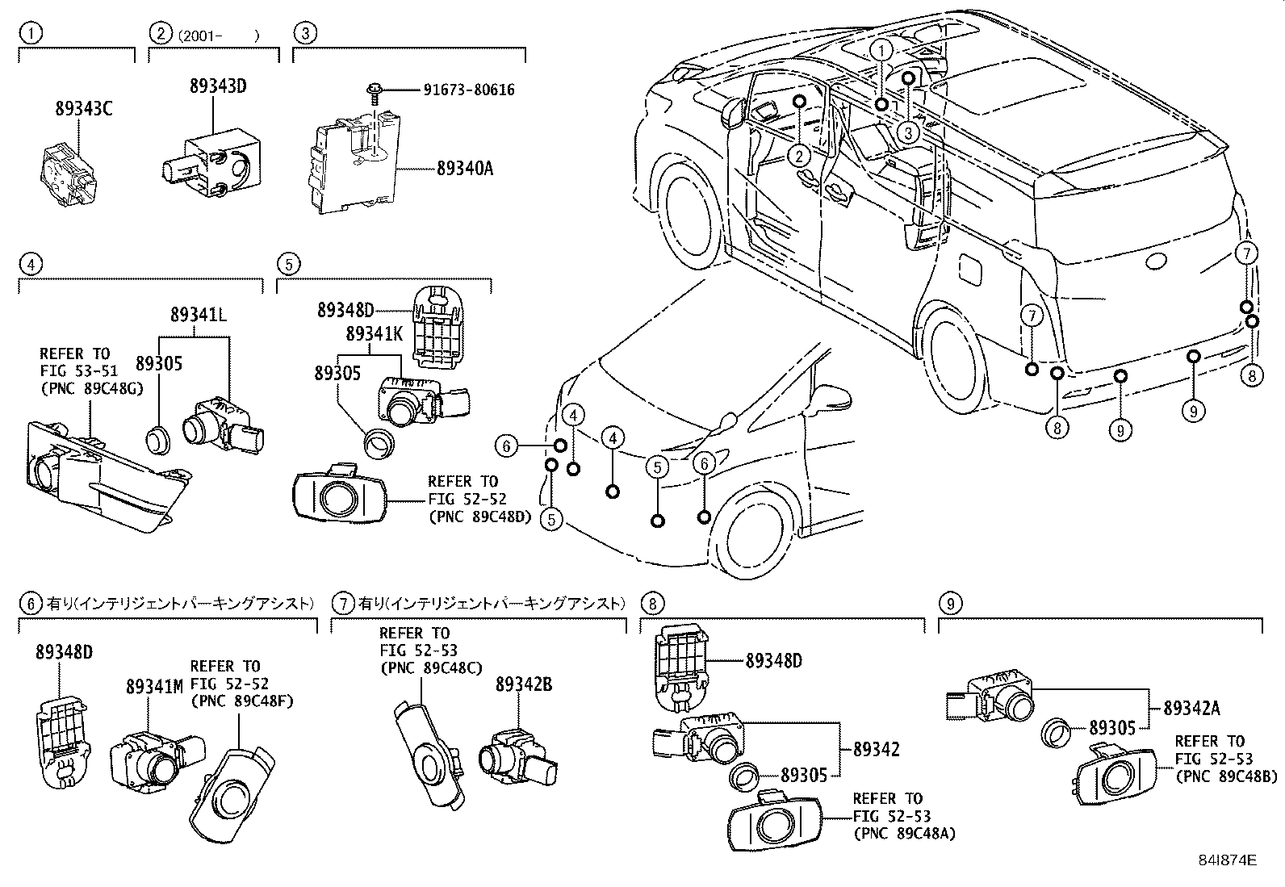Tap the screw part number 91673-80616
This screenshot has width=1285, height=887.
click(468, 90)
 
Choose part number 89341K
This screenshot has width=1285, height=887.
click(373, 333)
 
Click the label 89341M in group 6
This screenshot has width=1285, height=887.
click(154, 686)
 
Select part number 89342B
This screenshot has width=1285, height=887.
click(523, 684)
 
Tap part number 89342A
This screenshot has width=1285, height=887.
click(1191, 709)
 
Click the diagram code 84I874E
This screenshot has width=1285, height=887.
click(1227, 860)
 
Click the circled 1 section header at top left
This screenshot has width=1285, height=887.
click(30, 33)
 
